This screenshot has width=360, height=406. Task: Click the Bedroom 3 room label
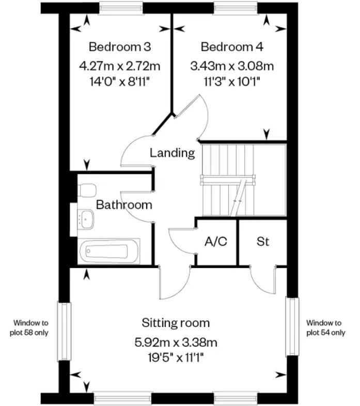120,47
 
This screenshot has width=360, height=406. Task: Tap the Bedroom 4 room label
232,47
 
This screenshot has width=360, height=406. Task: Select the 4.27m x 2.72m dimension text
120,66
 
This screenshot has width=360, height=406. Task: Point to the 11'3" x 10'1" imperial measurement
232,82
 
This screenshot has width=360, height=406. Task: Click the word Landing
172,153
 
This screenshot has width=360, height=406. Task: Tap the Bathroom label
124,205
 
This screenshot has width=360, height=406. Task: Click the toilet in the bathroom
87,190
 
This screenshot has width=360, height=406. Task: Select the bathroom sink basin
86,219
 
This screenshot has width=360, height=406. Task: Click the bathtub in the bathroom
109,251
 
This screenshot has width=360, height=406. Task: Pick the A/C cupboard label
216,242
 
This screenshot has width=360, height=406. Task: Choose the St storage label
262,242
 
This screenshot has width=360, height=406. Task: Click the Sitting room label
176,323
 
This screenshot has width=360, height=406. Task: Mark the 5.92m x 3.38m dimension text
176,342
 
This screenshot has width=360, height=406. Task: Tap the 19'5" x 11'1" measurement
176,358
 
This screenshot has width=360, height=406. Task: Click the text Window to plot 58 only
29,327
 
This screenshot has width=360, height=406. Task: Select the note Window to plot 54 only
325,327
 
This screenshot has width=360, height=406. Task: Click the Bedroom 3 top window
121,8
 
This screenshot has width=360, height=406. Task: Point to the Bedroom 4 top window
236,8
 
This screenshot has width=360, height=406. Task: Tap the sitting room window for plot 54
292,326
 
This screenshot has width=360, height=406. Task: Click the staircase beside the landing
244,180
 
